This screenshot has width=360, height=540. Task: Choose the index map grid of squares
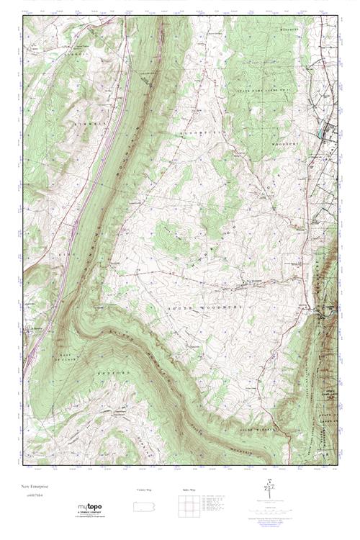tap(189, 505)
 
